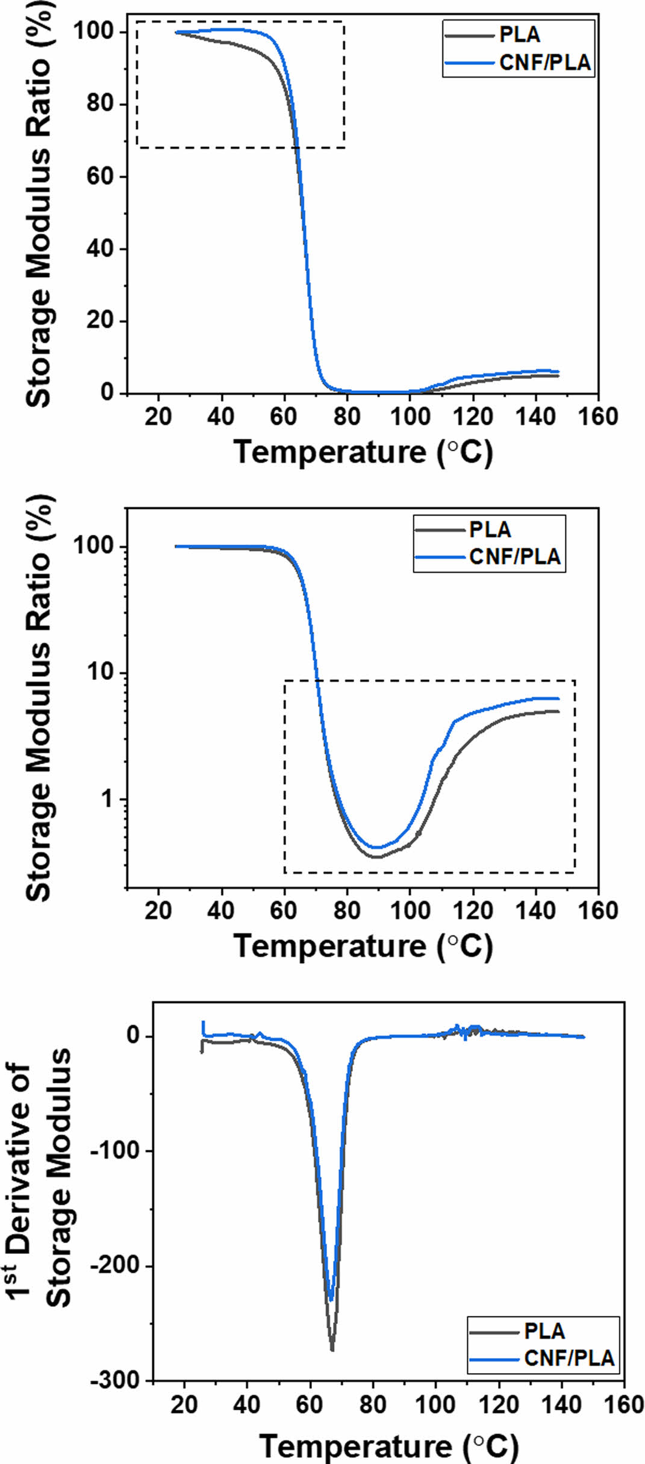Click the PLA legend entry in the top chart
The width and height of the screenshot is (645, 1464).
coord(520,35)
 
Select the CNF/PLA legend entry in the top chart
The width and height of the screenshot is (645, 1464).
coord(544,63)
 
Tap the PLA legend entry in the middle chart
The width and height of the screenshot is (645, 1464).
coord(490,530)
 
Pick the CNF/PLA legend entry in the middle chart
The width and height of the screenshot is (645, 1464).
coord(515,556)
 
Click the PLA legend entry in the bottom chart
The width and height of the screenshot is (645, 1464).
coord(544,1331)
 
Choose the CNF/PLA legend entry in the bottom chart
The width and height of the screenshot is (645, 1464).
coord(569,1358)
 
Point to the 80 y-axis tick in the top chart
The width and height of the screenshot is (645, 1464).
coord(99,104)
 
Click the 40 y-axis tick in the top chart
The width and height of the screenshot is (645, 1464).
coord(99,248)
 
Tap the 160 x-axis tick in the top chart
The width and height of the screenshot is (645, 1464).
coord(598,417)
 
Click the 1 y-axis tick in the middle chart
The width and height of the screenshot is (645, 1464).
coord(107,799)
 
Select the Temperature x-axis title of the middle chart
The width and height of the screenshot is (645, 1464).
coord(363,945)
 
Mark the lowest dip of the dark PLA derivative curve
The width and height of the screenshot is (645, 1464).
coord(332,1350)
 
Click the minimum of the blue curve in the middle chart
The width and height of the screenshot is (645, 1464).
coord(377,847)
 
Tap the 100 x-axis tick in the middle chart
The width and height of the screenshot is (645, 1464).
coord(410,911)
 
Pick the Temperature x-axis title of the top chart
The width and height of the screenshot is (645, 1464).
coord(363,452)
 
